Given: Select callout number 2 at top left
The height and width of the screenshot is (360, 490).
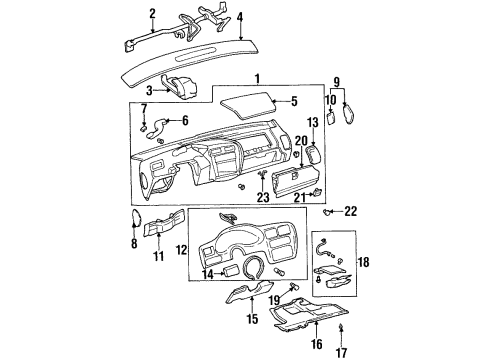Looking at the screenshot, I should pos(153,13).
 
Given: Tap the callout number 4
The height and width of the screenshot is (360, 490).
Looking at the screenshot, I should pos(240,16).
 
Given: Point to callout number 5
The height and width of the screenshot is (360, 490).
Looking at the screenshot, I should pos(294,101).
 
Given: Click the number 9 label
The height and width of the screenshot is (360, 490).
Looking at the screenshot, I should pos(337,82).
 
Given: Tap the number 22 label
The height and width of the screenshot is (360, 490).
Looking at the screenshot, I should pos(350,210).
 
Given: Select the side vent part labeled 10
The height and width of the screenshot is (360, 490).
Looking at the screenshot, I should pos(350,111).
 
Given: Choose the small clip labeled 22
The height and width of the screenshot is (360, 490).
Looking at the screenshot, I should pos(328,212).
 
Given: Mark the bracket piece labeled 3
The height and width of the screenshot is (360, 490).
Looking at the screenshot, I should pos(183,88).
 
